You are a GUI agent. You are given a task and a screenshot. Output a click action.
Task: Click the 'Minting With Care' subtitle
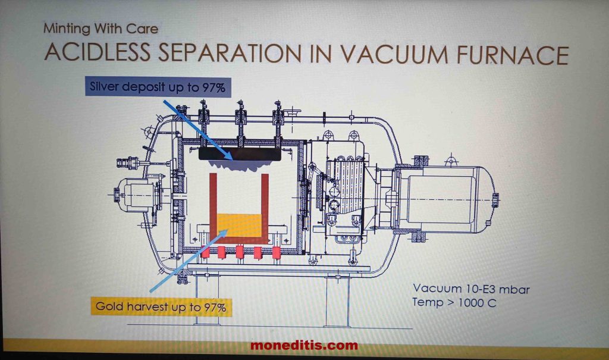click(x=101, y=27)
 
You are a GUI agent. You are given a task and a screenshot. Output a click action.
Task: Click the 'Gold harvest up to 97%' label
click(x=161, y=308)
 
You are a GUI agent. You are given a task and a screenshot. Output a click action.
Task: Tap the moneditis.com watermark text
click(x=304, y=345)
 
